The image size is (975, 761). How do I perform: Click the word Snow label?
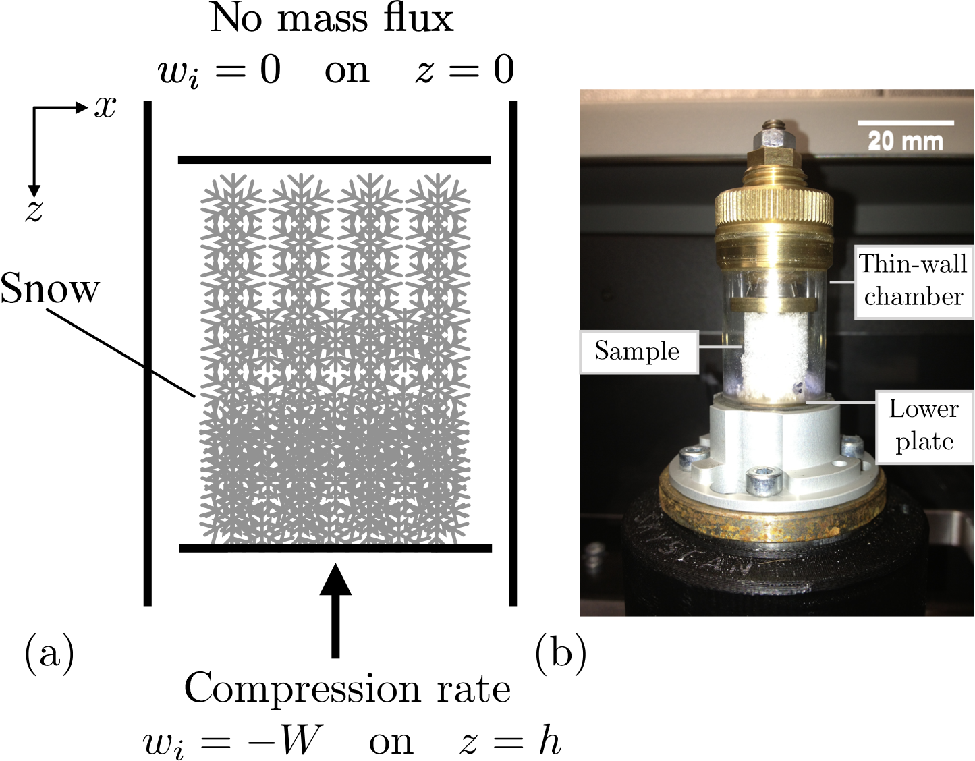tap(50, 289)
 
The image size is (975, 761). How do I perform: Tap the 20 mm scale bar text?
tap(905, 142)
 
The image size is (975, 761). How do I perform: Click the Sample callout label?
tap(638, 351)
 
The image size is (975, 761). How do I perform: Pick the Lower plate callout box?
tap(924, 426)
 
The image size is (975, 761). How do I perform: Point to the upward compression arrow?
tap(335, 607)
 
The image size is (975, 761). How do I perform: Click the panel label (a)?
tap(49, 653)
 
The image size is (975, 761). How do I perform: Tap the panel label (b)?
tap(560, 653)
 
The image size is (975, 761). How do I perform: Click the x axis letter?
tap(105, 107)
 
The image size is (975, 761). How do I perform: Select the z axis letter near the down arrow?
tap(34, 210)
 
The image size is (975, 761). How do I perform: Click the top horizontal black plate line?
tap(334, 160)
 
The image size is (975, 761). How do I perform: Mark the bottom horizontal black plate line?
tap(335, 548)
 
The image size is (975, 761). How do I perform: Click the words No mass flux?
tap(332, 19)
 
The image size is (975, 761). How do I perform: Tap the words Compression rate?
tap(347, 688)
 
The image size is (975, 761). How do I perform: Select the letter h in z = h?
tap(550, 741)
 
